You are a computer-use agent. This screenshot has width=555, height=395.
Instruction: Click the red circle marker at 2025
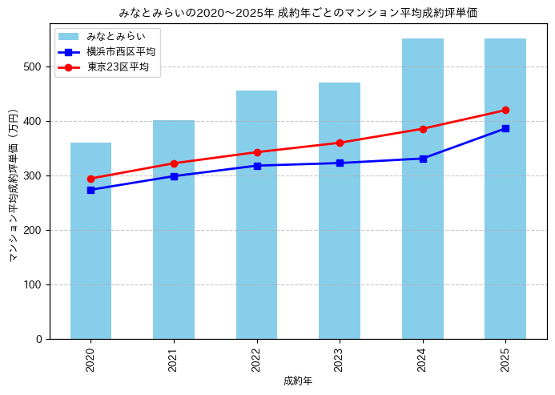point(505,110)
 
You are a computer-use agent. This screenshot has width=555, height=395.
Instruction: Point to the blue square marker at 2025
point(505,128)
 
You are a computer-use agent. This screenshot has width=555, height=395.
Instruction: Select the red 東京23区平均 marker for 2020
point(90,179)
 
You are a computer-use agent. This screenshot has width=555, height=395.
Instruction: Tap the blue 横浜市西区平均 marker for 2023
point(340,163)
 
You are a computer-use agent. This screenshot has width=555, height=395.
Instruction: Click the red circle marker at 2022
point(257,151)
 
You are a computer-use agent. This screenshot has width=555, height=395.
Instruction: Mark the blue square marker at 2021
point(174,176)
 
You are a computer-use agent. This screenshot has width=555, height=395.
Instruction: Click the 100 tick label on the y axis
point(33,284)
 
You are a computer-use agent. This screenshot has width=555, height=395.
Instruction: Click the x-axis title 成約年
point(298,381)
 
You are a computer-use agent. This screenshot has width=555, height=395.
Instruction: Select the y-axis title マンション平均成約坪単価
point(14,185)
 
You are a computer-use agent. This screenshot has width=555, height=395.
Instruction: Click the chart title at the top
point(298,12)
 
